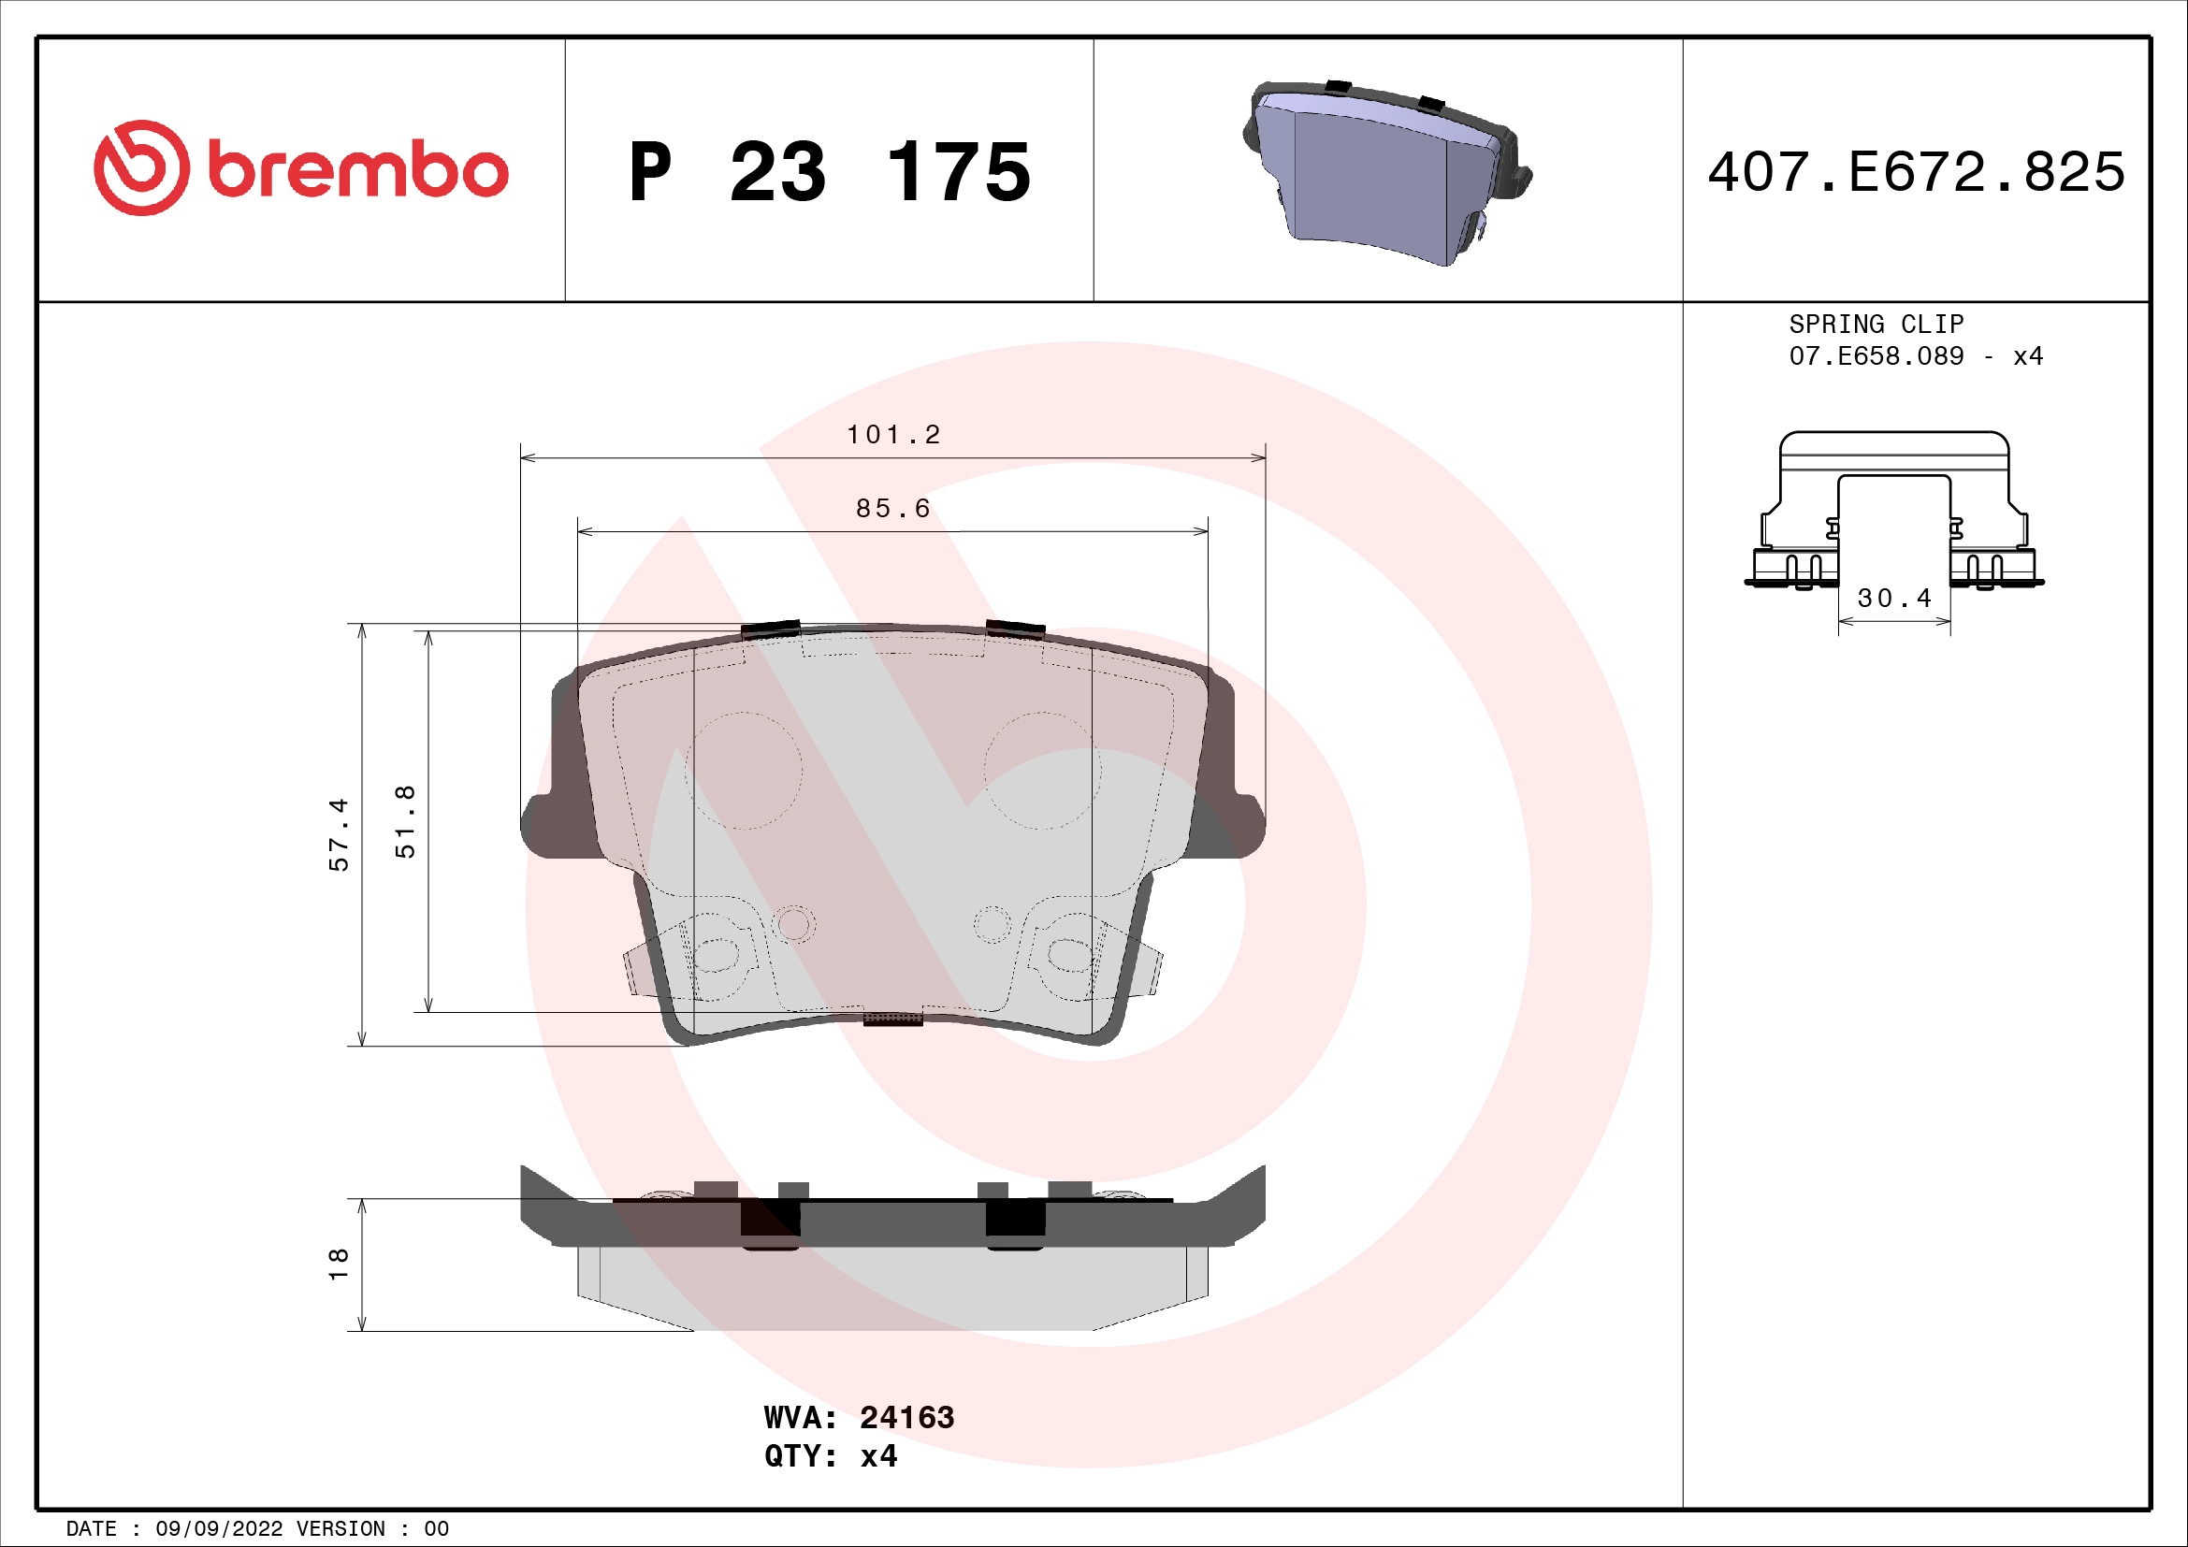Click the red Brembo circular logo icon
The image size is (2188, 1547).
[141, 167]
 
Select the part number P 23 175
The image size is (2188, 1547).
[829, 172]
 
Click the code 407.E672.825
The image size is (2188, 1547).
[1916, 172]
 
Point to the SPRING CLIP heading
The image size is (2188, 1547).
[1876, 324]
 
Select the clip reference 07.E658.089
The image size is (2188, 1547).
[1876, 356]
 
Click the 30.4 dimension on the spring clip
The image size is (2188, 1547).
[1893, 599]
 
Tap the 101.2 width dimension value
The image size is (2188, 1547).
[893, 434]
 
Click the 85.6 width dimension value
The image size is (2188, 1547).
[893, 509]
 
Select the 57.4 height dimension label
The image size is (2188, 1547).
[339, 834]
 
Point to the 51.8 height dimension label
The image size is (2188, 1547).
[405, 821]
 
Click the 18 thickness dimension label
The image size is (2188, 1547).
[339, 1265]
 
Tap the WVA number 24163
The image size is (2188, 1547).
[906, 1417]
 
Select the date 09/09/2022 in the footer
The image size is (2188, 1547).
[218, 1529]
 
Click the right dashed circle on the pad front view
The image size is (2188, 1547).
[1041, 770]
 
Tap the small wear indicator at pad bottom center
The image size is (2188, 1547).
[893, 1019]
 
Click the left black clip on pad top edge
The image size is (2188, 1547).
[770, 629]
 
